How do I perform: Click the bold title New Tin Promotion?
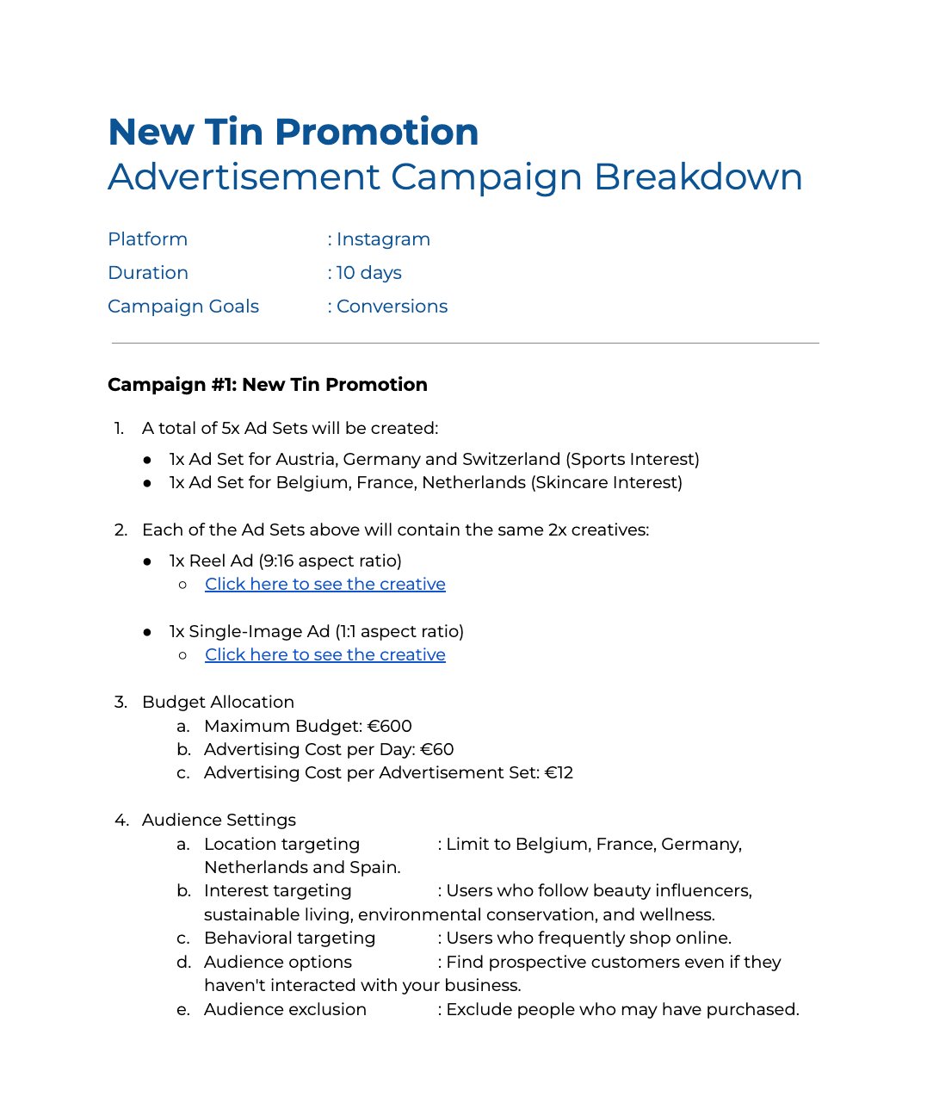tap(293, 133)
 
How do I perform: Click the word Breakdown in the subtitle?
tap(698, 177)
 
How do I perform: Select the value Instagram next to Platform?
tap(383, 239)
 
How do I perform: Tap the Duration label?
tap(148, 273)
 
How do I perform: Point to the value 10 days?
tap(369, 273)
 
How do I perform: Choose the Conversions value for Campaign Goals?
tap(392, 307)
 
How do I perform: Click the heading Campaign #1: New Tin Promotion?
tap(267, 385)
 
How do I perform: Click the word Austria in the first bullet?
tap(305, 460)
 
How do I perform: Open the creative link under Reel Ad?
tap(324, 585)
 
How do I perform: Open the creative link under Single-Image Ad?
tap(324, 655)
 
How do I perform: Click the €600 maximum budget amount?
tap(389, 727)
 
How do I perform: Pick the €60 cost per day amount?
tap(436, 750)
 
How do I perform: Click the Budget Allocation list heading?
tap(218, 703)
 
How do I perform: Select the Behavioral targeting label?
tap(289, 939)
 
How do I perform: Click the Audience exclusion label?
tap(285, 1010)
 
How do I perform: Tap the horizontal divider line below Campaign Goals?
tap(465, 344)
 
